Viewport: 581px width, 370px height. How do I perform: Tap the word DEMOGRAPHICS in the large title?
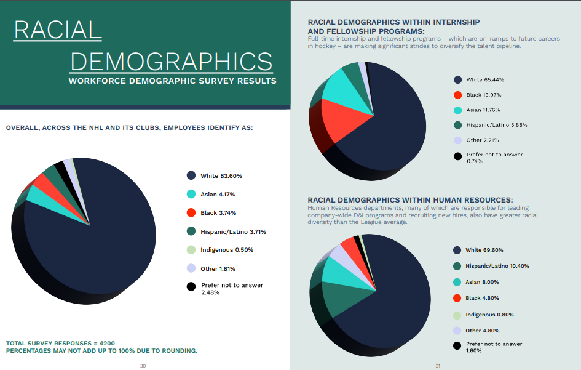click(172, 62)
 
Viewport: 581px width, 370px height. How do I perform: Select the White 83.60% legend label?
click(221, 176)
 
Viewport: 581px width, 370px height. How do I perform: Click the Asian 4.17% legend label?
click(218, 195)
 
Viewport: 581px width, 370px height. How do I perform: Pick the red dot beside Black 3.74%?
click(191, 213)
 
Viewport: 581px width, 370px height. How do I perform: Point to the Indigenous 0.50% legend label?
click(226, 250)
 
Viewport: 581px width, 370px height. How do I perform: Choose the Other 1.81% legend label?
click(218, 269)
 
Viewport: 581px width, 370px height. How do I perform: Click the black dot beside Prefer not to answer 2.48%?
click(191, 286)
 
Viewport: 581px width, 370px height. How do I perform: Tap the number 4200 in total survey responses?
click(105, 343)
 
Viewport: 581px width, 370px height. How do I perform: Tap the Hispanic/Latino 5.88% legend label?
click(497, 125)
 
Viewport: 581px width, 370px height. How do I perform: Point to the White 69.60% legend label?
click(485, 250)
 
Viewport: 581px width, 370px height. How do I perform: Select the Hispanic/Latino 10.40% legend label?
click(497, 266)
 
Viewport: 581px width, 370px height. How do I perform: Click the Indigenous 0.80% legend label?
click(490, 315)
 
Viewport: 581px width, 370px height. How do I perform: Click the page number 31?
click(438, 366)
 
